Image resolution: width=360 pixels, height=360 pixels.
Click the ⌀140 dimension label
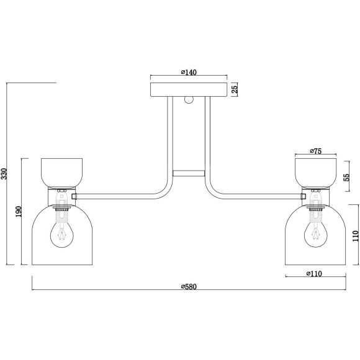pos(189,72)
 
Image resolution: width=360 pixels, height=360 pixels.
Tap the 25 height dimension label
pos(235,89)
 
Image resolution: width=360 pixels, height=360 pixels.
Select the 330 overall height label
pos(4,174)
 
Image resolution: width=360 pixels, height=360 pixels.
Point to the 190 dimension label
pos(19,212)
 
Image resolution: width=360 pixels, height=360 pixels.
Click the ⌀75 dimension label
pos(316,151)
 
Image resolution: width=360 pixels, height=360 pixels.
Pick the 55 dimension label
pos(346,177)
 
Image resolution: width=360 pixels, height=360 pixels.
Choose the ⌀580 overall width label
pos(189,287)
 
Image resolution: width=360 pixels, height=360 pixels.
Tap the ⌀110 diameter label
pos(314,274)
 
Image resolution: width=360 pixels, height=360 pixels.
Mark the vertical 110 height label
pos(355,236)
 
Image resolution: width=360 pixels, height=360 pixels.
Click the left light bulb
pos(62,235)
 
